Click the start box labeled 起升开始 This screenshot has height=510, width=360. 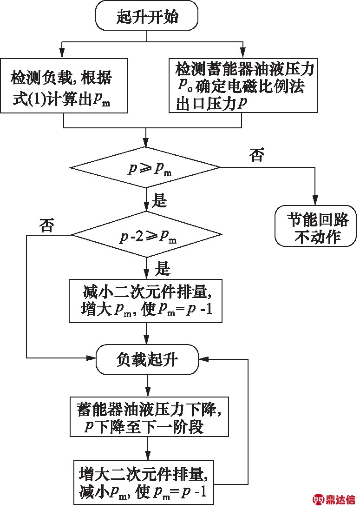pos(147,17)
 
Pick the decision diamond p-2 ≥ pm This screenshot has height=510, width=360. pos(146,235)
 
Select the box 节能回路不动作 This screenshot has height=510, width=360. pos(316,225)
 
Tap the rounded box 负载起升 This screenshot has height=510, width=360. pos(147,359)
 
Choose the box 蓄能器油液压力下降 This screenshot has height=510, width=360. pos(149,417)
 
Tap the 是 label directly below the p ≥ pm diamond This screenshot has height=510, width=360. pos(159,201)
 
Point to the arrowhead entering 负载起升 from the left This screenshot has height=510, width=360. pos(92,358)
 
